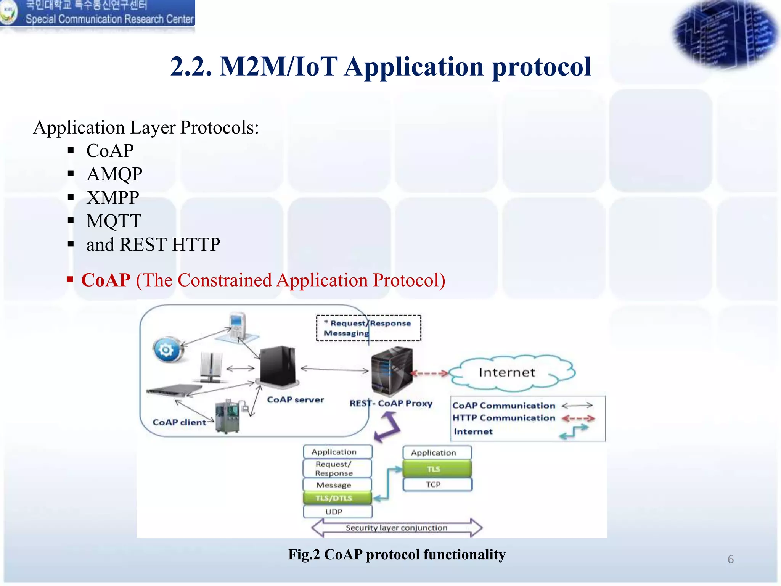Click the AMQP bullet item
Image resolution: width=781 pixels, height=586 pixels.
(x=114, y=174)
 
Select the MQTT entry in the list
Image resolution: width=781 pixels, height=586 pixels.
(x=114, y=221)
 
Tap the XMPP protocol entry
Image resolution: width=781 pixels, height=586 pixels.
(x=112, y=198)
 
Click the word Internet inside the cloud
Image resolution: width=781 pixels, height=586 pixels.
(x=507, y=372)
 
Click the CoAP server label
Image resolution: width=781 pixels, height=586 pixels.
(x=295, y=400)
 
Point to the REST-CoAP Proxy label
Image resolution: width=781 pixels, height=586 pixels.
(x=391, y=404)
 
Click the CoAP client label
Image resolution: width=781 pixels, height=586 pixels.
(x=179, y=422)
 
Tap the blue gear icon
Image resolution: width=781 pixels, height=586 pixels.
(x=167, y=350)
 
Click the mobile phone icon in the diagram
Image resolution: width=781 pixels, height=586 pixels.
(x=237, y=325)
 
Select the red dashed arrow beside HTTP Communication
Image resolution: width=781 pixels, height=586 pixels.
(x=578, y=419)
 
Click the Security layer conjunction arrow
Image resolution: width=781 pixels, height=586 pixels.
(x=397, y=528)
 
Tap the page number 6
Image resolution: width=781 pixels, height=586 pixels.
(x=730, y=559)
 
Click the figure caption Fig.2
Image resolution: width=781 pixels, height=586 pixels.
(x=397, y=554)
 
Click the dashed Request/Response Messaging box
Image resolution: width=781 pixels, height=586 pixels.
(x=368, y=328)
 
